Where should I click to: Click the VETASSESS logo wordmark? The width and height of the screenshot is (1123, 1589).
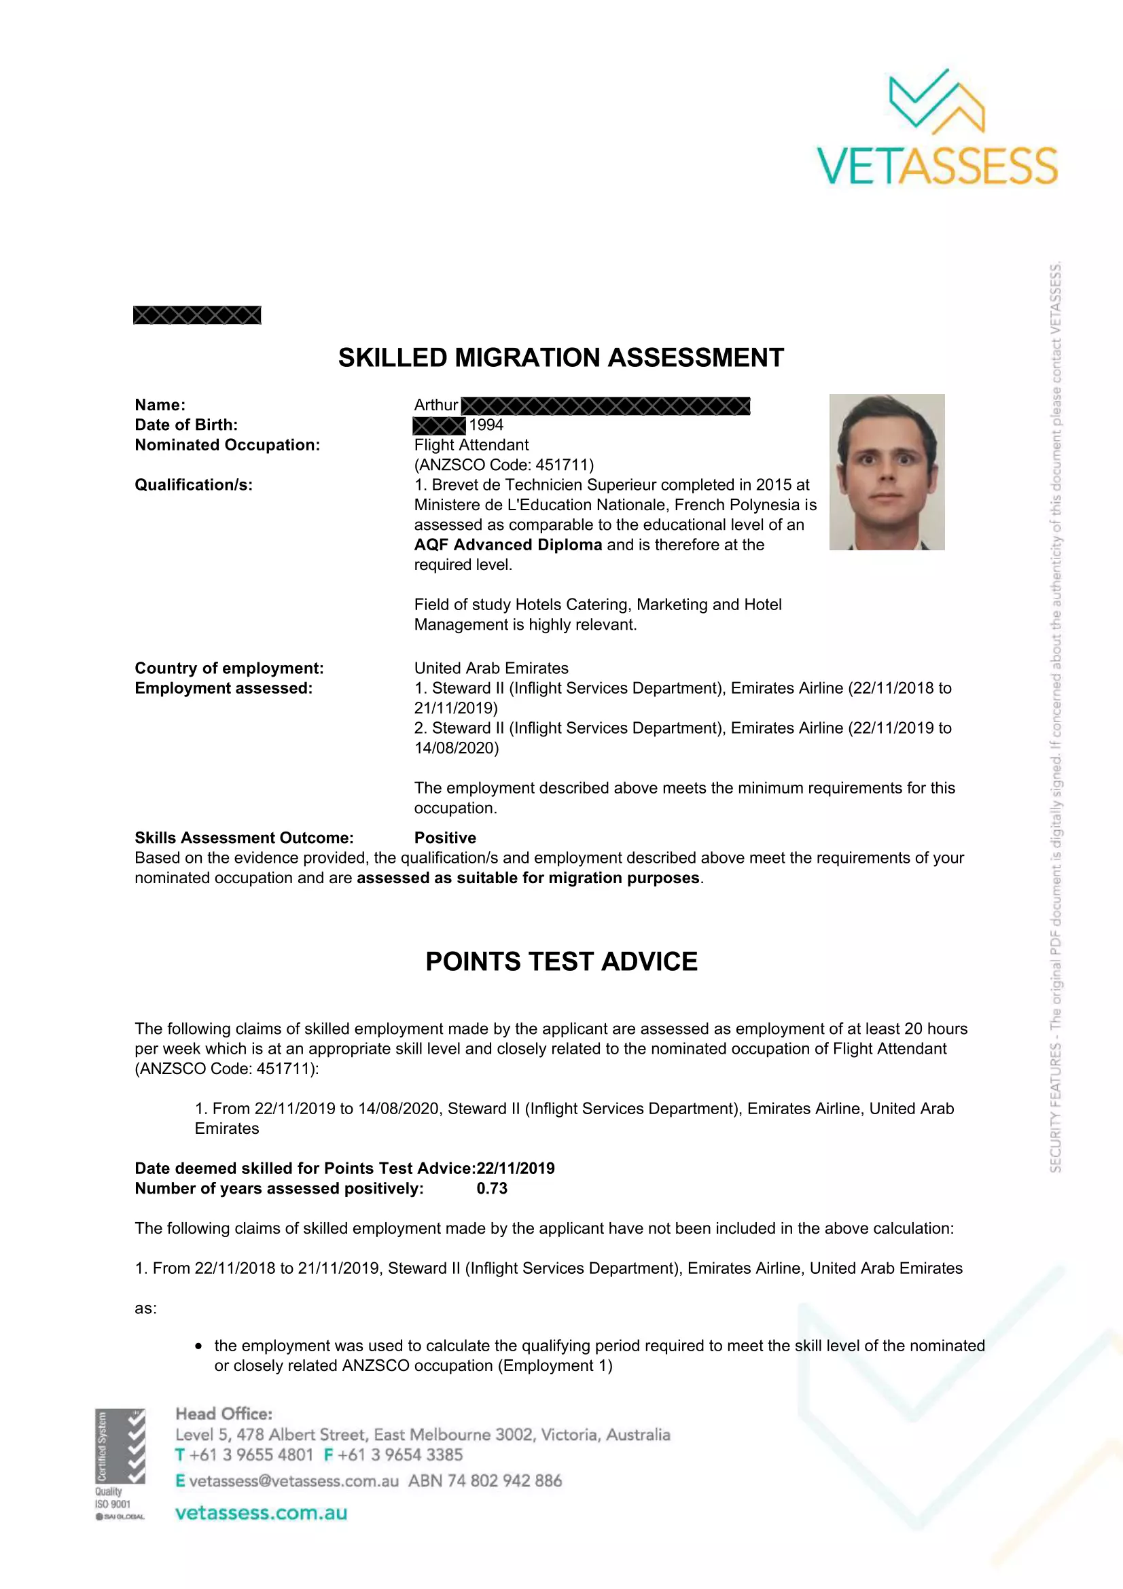pyautogui.click(x=937, y=165)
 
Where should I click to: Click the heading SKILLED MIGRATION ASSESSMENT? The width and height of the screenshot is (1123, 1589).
pyautogui.click(x=560, y=358)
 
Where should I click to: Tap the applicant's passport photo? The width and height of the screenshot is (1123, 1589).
pyautogui.click(x=887, y=472)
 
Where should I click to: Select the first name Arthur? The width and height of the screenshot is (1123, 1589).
pyautogui.click(x=436, y=405)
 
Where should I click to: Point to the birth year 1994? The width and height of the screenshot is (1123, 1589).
pyautogui.click(x=486, y=425)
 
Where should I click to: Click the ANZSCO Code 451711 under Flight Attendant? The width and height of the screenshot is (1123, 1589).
pyautogui.click(x=503, y=465)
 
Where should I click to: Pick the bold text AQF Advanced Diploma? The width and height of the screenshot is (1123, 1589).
pyautogui.click(x=508, y=545)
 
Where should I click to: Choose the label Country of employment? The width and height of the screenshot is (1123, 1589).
pyautogui.click(x=229, y=668)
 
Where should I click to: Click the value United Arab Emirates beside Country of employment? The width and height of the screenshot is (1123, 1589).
pyautogui.click(x=491, y=668)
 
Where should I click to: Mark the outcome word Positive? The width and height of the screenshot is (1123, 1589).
pyautogui.click(x=445, y=838)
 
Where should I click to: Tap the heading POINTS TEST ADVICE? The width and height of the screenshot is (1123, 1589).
pyautogui.click(x=561, y=961)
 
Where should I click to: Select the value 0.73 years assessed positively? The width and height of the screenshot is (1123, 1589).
pyautogui.click(x=491, y=1188)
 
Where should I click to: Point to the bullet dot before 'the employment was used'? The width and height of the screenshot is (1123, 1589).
pyautogui.click(x=199, y=1346)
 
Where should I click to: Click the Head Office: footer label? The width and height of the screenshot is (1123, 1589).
pyautogui.click(x=224, y=1413)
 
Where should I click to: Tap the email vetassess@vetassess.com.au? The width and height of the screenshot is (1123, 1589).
pyautogui.click(x=293, y=1480)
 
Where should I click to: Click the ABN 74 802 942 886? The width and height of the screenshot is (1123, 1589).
pyautogui.click(x=484, y=1480)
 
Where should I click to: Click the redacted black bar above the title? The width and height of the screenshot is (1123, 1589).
pyautogui.click(x=197, y=315)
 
